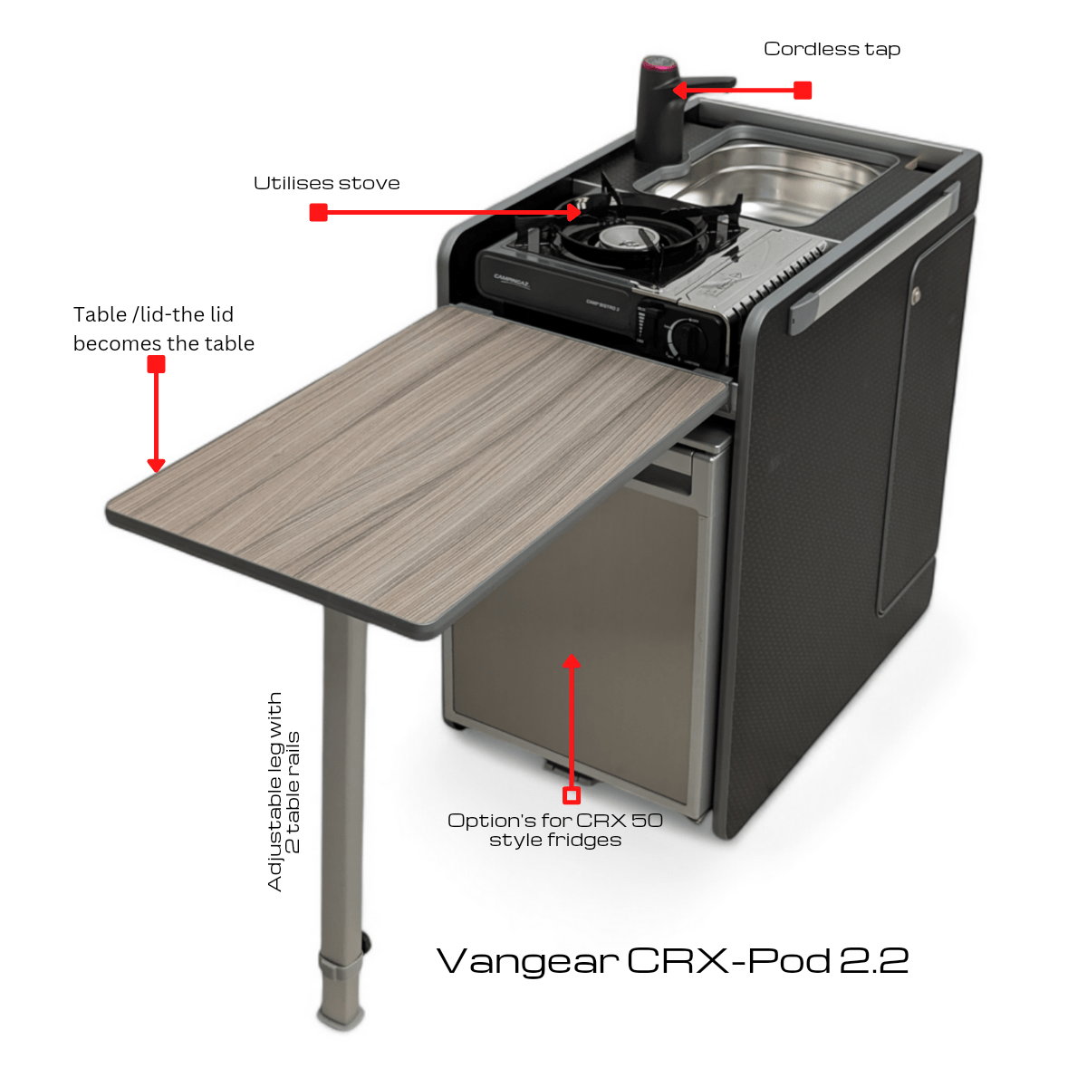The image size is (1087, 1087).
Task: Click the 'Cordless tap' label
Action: tap(832, 50)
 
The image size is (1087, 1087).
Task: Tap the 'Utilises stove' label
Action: tap(327, 183)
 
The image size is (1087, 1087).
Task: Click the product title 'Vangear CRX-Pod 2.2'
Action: tap(672, 960)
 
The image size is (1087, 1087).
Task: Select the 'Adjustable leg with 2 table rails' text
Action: tap(284, 792)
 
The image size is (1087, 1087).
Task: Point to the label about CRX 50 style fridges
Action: tap(555, 830)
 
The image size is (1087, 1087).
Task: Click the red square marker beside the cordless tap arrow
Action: tap(803, 91)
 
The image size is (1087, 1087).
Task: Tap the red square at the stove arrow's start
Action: tap(319, 213)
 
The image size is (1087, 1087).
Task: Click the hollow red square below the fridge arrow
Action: tap(572, 795)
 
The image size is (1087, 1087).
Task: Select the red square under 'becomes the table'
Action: tap(156, 364)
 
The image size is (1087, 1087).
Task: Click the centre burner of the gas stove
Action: tap(620, 237)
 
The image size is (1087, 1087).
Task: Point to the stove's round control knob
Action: tap(687, 336)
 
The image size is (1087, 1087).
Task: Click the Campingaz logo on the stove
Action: tap(511, 280)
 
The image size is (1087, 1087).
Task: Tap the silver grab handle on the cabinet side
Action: tap(875, 258)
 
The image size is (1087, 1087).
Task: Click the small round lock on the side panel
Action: tap(916, 293)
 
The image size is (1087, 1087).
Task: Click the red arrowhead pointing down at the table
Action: tap(156, 466)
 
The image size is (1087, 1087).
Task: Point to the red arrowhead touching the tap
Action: tap(679, 91)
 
